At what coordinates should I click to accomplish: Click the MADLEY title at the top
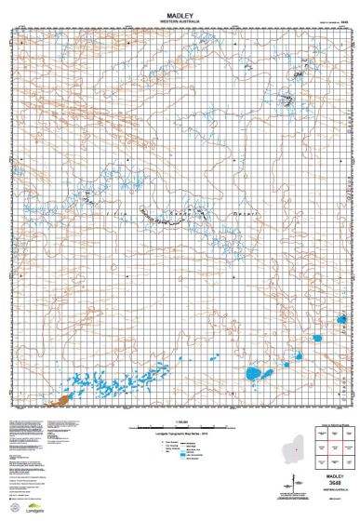pyautogui.click(x=180, y=15)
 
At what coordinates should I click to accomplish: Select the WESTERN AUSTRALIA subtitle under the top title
pyautogui.click(x=180, y=21)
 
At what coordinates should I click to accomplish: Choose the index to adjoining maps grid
pyautogui.click(x=329, y=450)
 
